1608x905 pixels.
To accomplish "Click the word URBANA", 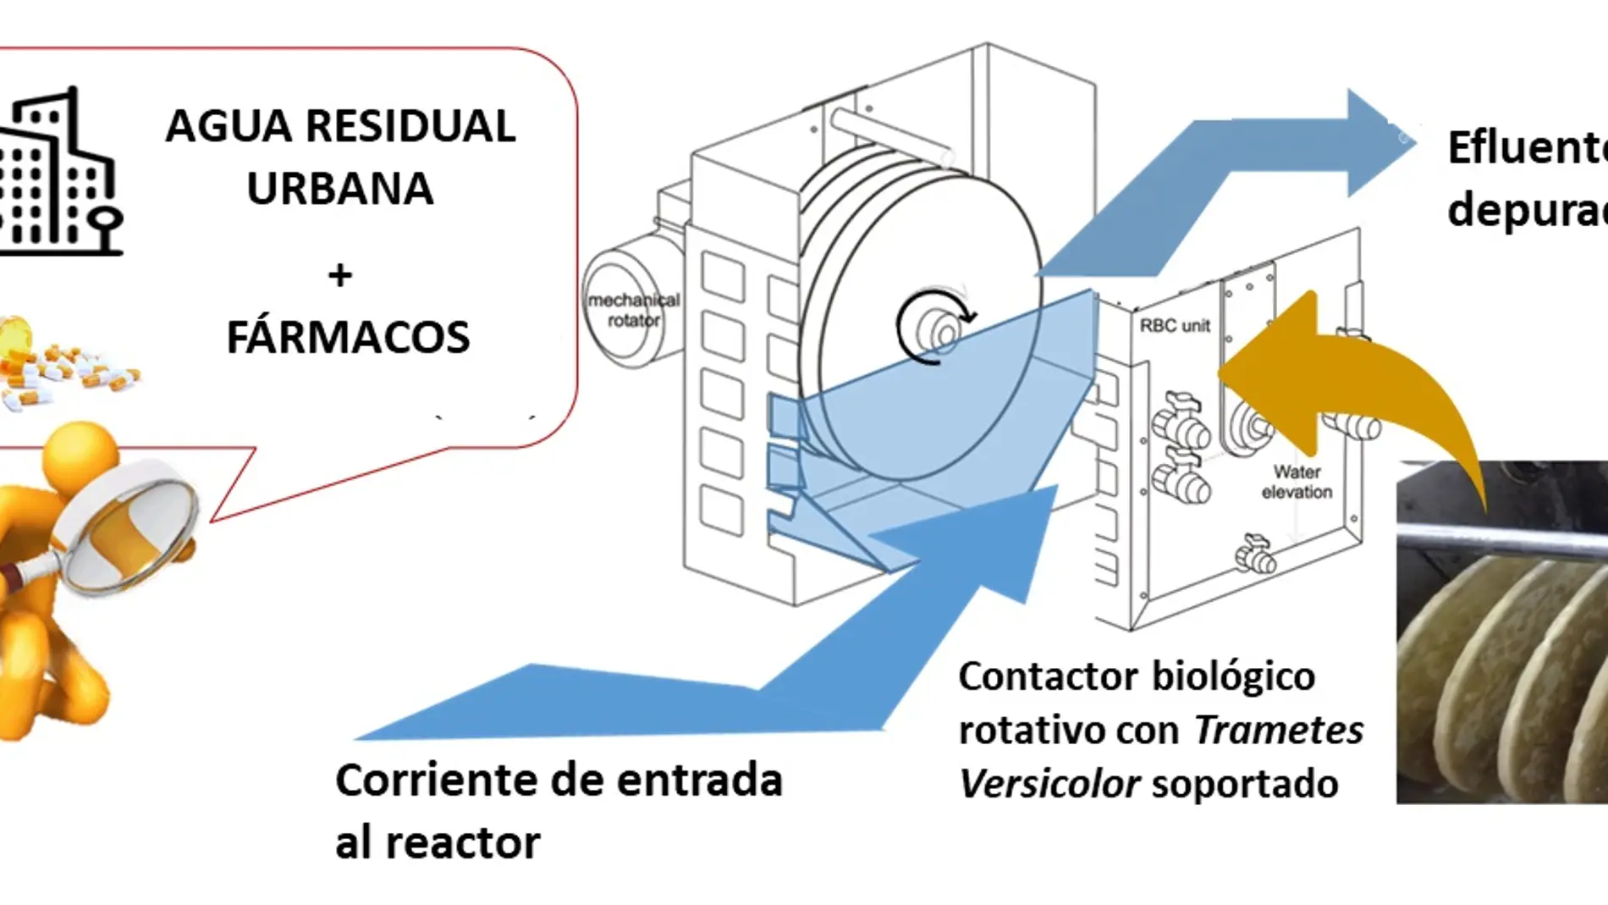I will (x=339, y=189).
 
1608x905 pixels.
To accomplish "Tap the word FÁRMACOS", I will (x=348, y=337).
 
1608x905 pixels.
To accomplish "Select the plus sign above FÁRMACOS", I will (x=340, y=274).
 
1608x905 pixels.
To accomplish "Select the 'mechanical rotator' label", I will (x=634, y=310).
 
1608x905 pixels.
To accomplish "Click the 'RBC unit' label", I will (x=1175, y=326).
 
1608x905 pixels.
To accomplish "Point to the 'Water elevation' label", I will (x=1297, y=482).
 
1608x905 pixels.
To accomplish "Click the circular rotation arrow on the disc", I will (x=935, y=326).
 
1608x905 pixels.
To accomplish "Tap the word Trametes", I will (x=1278, y=730).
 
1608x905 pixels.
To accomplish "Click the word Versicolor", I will (x=1049, y=784).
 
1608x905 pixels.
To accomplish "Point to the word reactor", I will (x=462, y=843).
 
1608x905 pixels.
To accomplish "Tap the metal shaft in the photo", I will (x=1502, y=542).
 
